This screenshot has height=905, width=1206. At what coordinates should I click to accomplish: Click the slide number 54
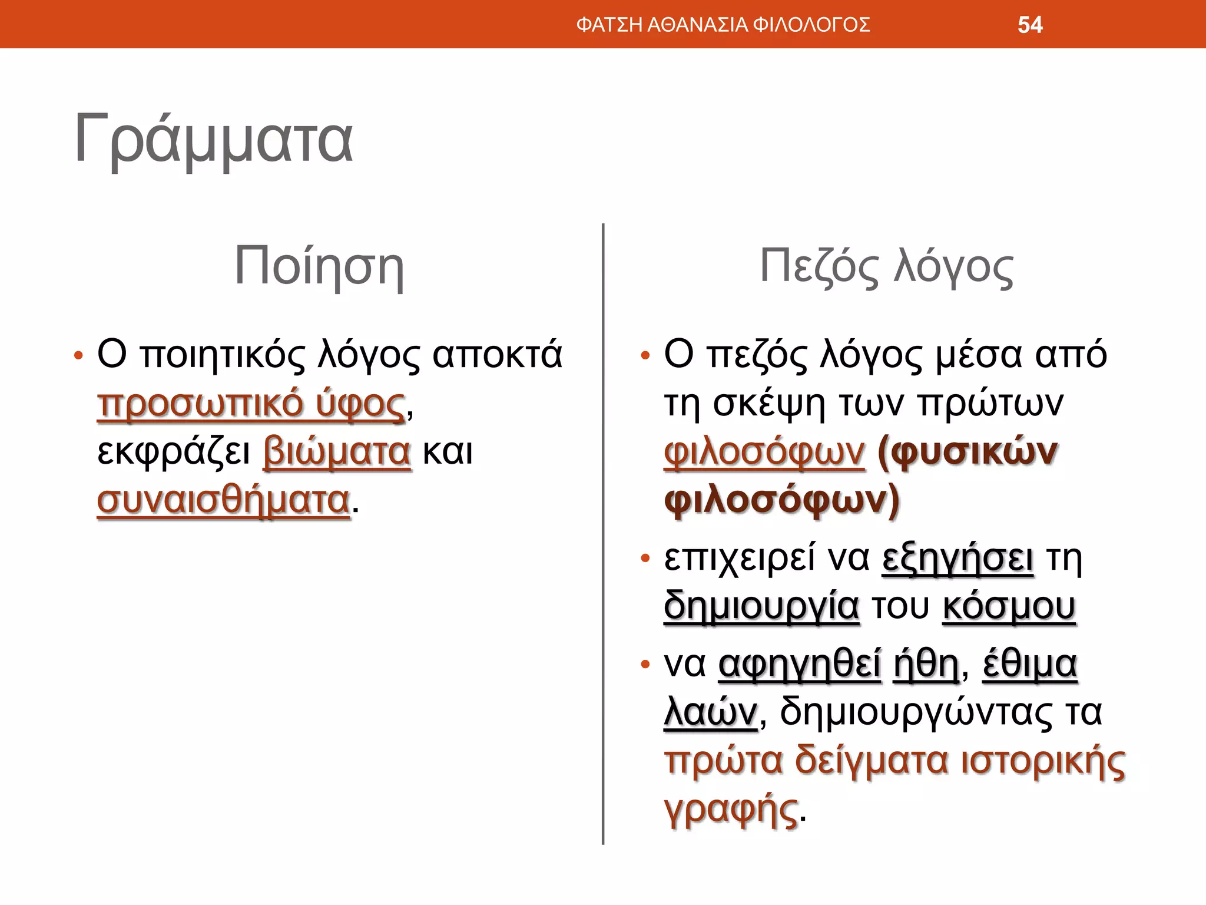click(1030, 25)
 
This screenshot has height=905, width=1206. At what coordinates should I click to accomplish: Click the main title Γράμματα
click(213, 140)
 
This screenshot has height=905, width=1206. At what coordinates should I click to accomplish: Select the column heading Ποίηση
click(319, 266)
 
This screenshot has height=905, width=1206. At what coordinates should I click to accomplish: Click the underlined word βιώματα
click(337, 452)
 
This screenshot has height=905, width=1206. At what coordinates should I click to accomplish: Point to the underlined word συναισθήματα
click(224, 500)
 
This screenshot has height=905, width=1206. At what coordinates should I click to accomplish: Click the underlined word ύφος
click(360, 404)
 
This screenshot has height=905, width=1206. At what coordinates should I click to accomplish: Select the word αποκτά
click(498, 355)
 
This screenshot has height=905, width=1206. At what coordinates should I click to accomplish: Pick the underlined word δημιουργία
click(761, 606)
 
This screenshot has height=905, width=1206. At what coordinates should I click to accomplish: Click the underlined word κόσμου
click(1009, 606)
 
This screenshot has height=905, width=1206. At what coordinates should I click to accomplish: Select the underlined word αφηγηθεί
click(800, 665)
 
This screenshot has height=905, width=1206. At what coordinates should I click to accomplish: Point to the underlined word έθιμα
click(1030, 665)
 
